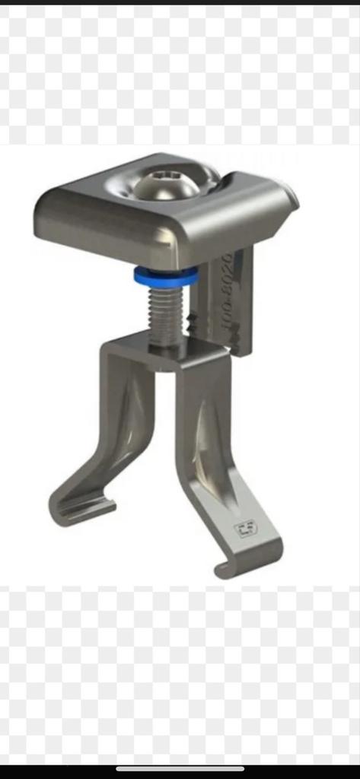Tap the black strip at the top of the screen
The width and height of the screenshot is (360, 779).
180,2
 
